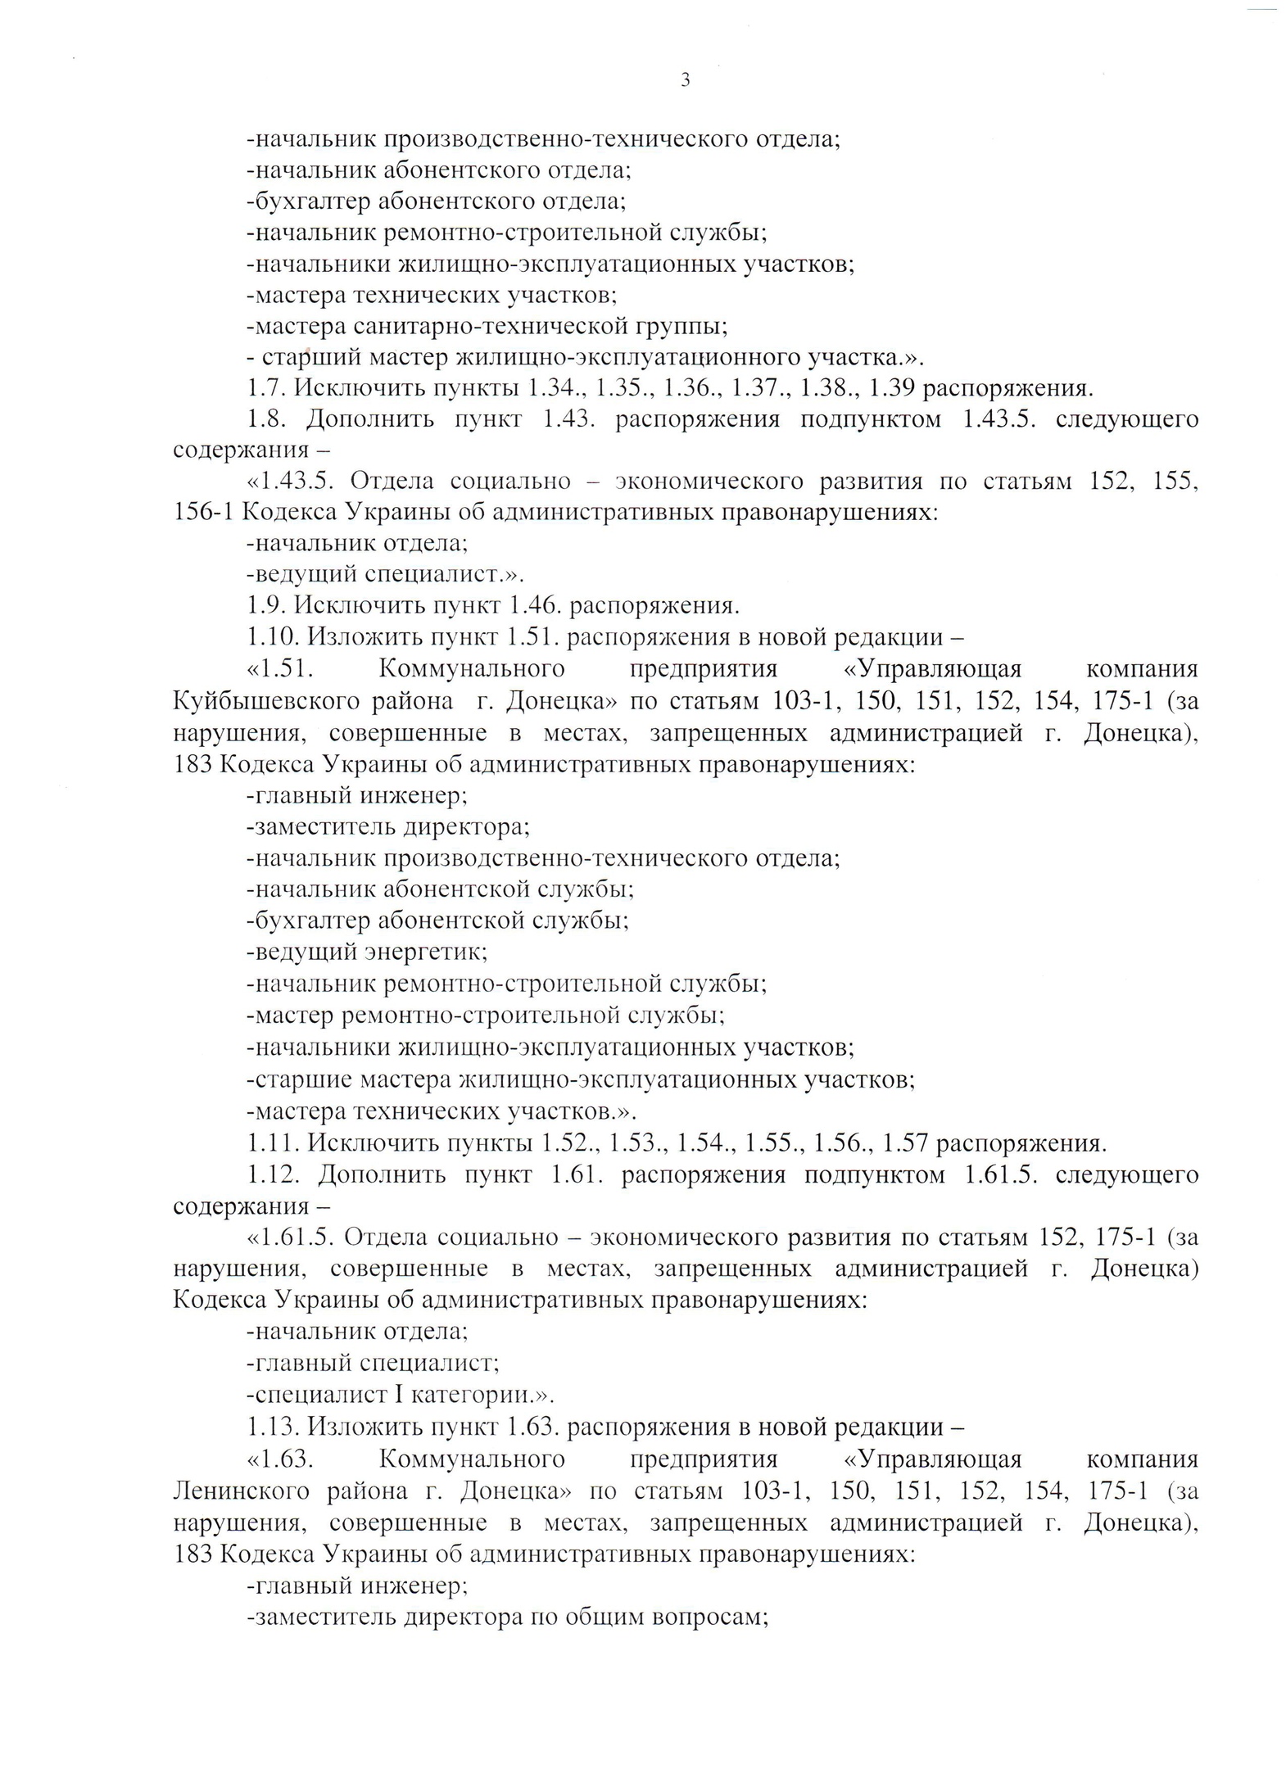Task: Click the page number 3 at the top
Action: coord(685,80)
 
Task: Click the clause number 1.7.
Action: coord(266,388)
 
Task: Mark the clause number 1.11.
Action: coord(274,1142)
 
